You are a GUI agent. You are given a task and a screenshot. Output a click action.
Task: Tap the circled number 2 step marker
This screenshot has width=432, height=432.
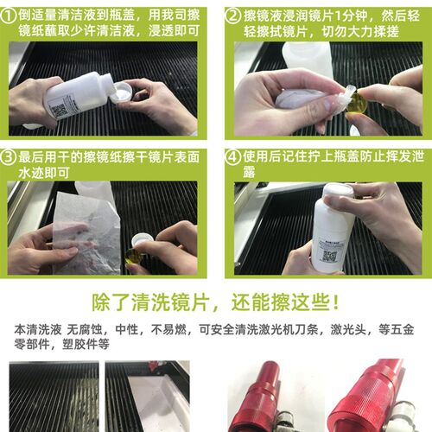pos(232,15)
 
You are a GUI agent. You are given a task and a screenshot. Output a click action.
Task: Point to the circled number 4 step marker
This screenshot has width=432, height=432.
pos(232,158)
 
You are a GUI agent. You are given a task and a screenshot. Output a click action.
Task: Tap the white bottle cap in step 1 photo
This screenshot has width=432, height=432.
pos(122,92)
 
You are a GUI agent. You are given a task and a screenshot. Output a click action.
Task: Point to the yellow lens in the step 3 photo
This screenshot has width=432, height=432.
pos(134,256)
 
